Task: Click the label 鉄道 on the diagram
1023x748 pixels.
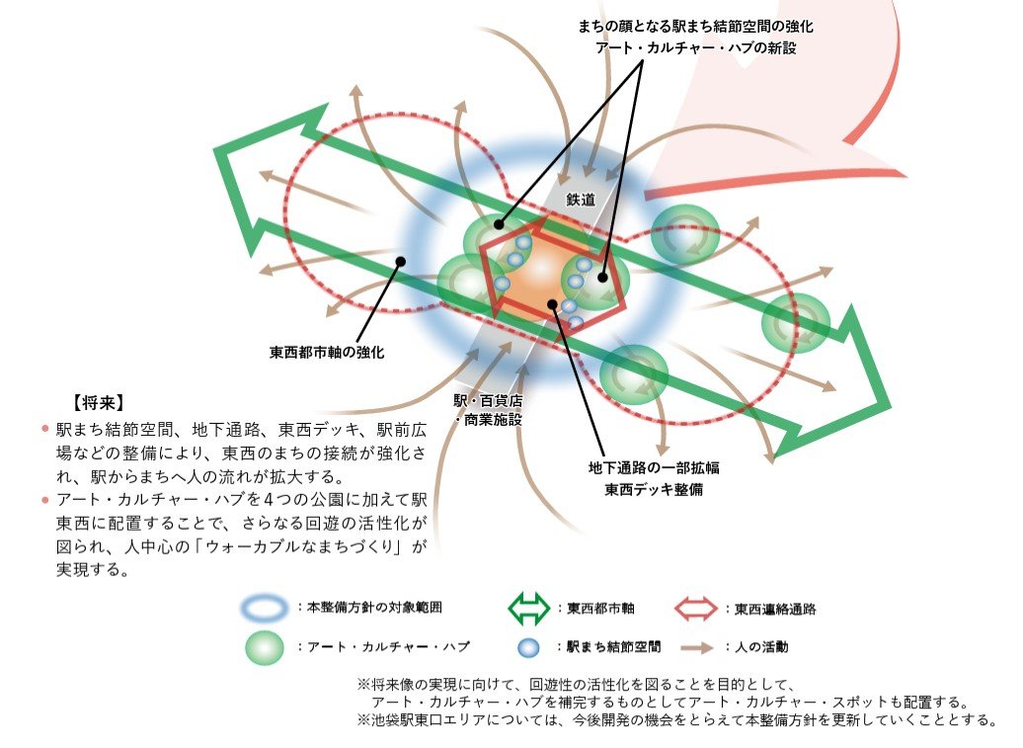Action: point(580,200)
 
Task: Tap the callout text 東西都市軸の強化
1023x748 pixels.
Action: point(327,353)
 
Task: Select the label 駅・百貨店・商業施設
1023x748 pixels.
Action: point(489,410)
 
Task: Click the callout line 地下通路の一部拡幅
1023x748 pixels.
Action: point(654,467)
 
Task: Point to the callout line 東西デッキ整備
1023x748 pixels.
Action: point(654,489)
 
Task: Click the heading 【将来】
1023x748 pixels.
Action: point(99,403)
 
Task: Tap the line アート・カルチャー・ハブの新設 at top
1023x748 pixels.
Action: point(695,47)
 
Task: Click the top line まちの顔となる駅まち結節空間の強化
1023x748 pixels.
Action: point(695,26)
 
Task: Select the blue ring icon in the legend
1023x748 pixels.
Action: point(264,608)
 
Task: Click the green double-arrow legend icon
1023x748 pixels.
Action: point(528,609)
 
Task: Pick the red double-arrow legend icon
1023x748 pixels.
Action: point(695,609)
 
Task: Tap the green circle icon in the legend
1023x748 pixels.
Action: point(265,647)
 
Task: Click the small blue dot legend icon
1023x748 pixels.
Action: point(528,647)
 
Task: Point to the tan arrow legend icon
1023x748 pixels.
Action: point(697,647)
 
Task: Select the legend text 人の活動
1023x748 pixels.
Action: point(761,647)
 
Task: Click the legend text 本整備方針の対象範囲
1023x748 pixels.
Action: point(374,607)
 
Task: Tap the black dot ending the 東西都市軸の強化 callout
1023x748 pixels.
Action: point(401,262)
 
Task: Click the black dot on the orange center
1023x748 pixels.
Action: point(553,302)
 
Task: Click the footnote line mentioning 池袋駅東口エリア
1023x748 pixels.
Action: point(677,720)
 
